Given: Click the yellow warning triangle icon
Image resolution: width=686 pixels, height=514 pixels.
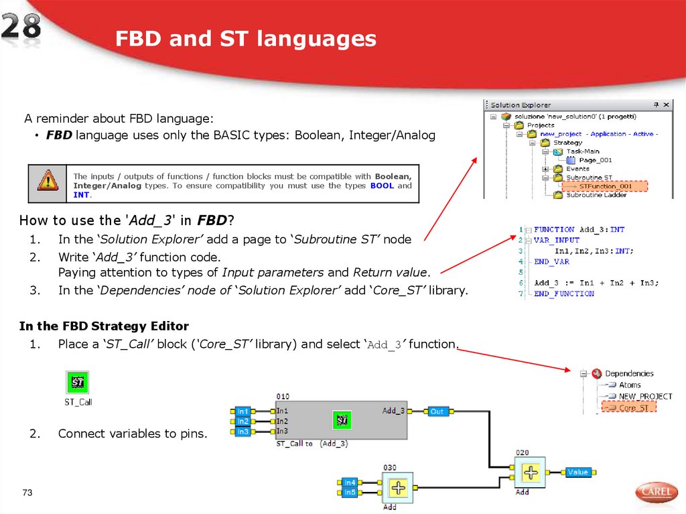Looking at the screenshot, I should click(48, 180).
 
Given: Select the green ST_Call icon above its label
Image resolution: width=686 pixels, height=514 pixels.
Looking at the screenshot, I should click(78, 383).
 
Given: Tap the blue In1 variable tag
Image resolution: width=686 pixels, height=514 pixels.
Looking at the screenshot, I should click(242, 411).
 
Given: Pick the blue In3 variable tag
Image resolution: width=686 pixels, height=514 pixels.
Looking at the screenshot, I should click(242, 432).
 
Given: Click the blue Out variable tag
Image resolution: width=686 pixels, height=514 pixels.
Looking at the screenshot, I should click(437, 411).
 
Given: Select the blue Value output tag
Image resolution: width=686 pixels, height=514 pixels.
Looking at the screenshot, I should click(577, 472).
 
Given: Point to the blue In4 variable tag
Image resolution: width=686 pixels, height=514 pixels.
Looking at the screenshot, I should click(350, 482).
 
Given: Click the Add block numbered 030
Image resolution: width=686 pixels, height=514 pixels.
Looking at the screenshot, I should click(398, 488).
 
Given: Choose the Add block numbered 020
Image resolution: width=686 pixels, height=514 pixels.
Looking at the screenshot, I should click(531, 472).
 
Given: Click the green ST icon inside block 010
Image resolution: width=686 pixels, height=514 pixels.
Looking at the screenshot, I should click(342, 420).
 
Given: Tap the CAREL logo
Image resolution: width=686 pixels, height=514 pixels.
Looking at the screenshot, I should click(656, 493).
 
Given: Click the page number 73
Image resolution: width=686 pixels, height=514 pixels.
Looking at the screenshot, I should click(27, 493).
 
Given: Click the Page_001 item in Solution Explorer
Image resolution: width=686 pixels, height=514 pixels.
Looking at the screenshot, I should click(595, 160).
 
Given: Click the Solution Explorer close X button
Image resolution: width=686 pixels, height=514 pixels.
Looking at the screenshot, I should click(665, 105).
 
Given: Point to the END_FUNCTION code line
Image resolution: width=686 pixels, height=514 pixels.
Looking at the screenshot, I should click(564, 294).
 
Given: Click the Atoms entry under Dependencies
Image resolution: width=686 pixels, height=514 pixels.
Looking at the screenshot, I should click(629, 385).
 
